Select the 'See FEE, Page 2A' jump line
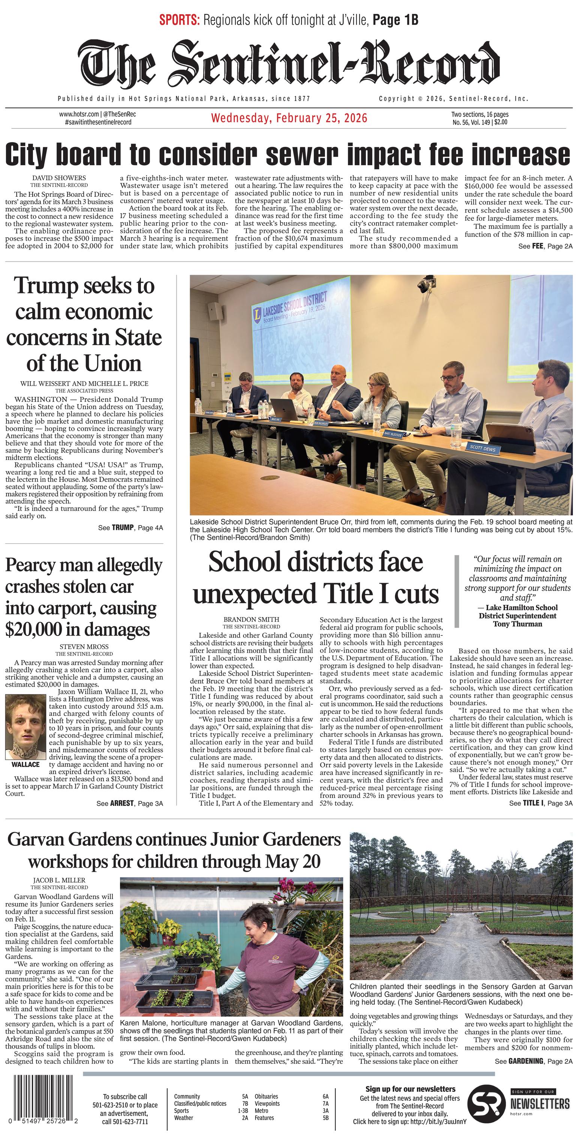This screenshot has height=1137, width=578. click(545, 246)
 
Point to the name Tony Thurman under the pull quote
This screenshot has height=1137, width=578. click(517, 624)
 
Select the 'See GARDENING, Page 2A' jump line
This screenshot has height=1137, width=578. click(533, 1061)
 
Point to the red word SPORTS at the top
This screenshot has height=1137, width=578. click(179, 20)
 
